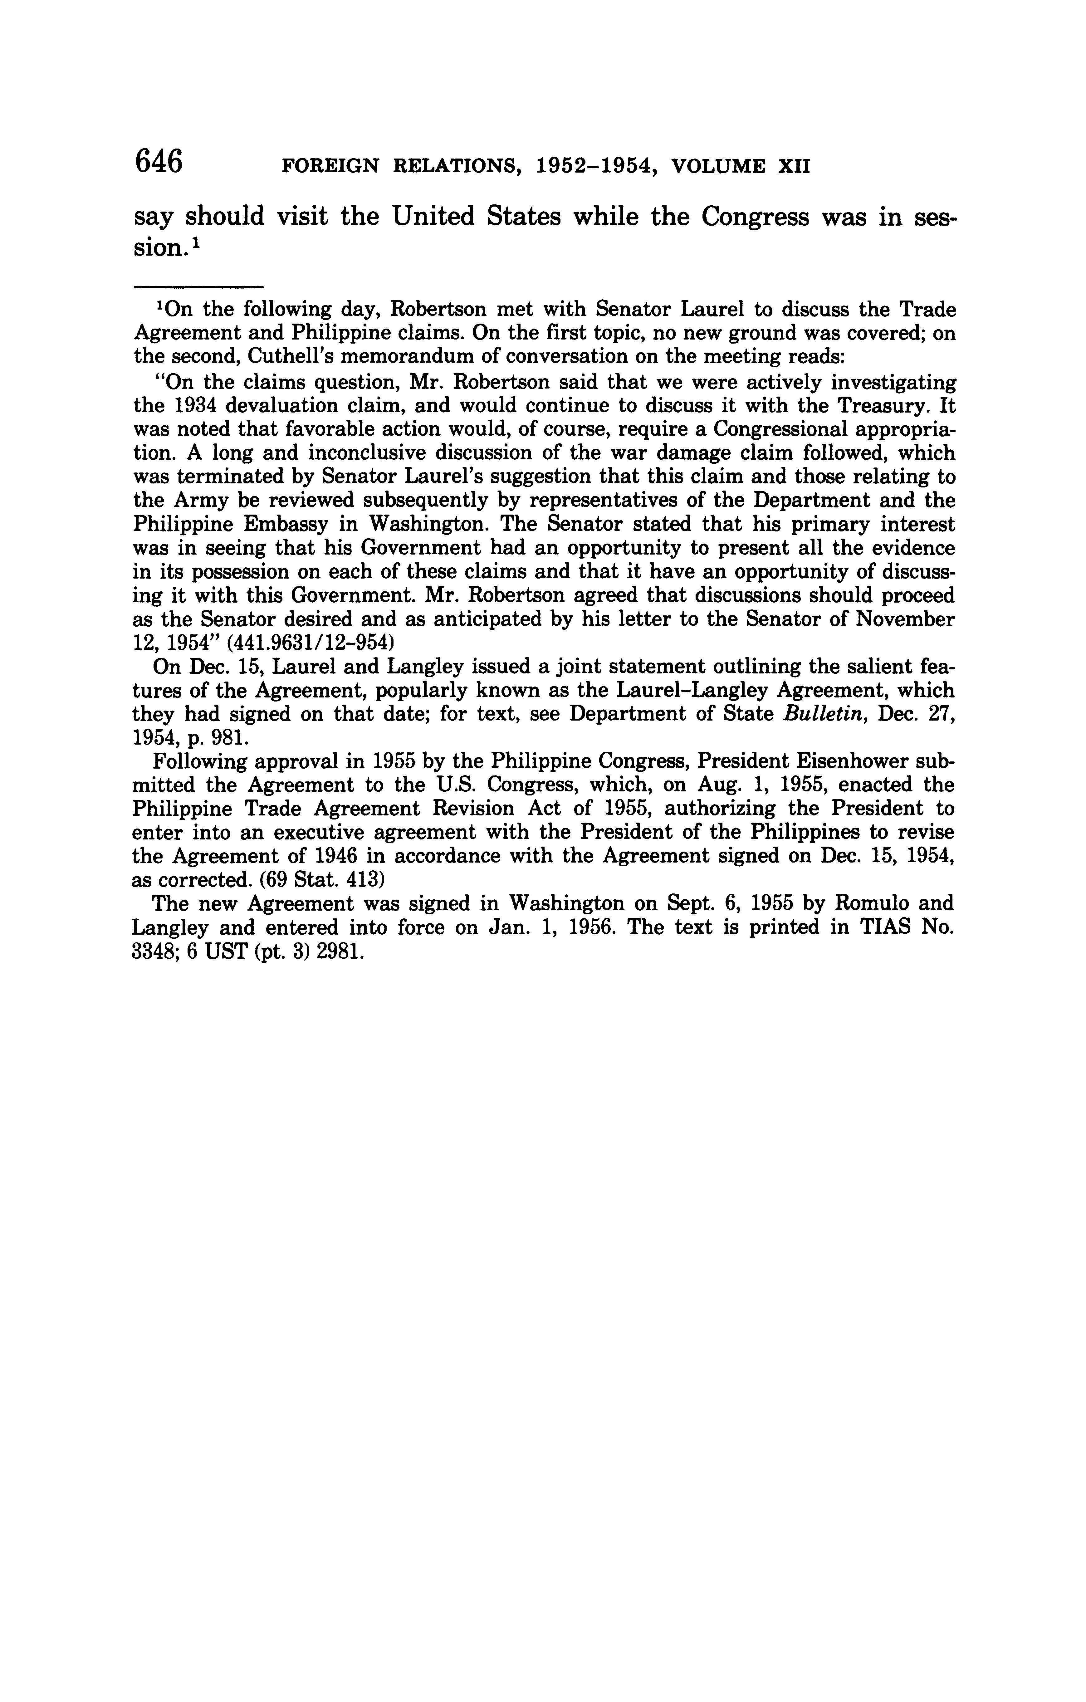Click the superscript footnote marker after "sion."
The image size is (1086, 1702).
(196, 242)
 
